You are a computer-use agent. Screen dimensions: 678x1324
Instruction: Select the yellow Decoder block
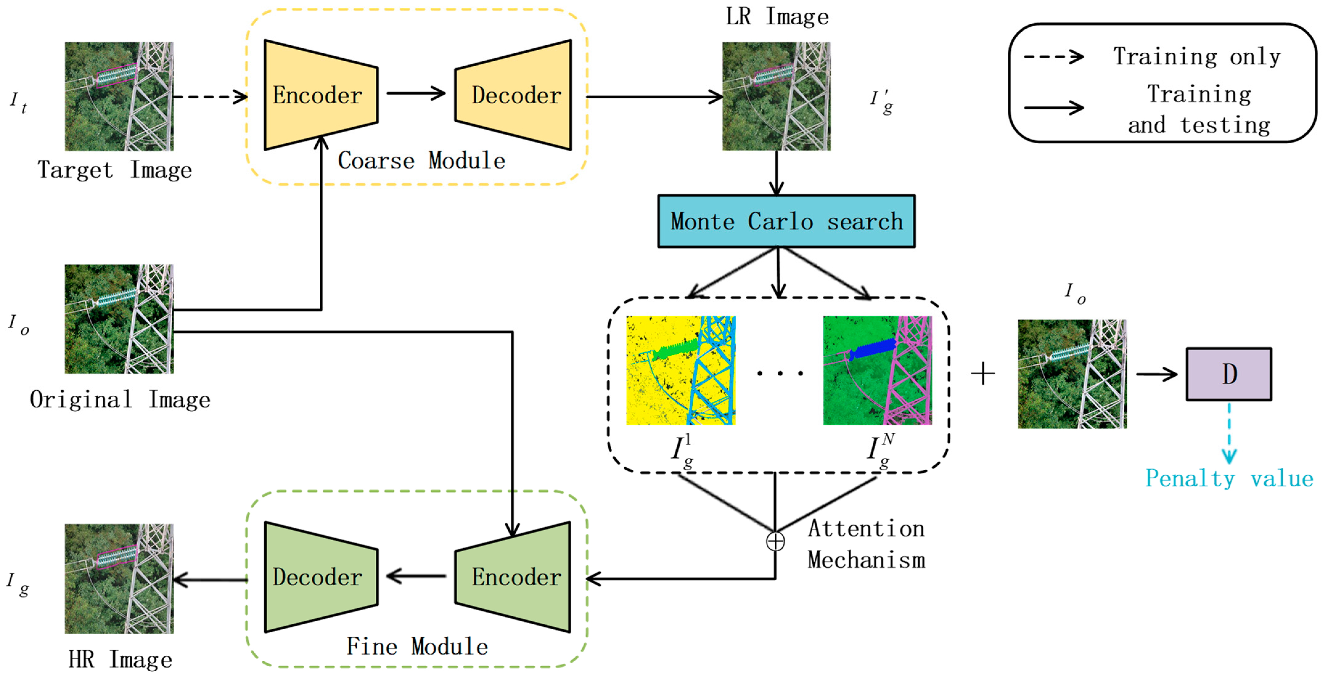click(x=514, y=95)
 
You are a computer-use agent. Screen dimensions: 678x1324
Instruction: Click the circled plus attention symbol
click(x=775, y=541)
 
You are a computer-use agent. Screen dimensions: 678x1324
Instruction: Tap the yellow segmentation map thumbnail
click(x=681, y=370)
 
